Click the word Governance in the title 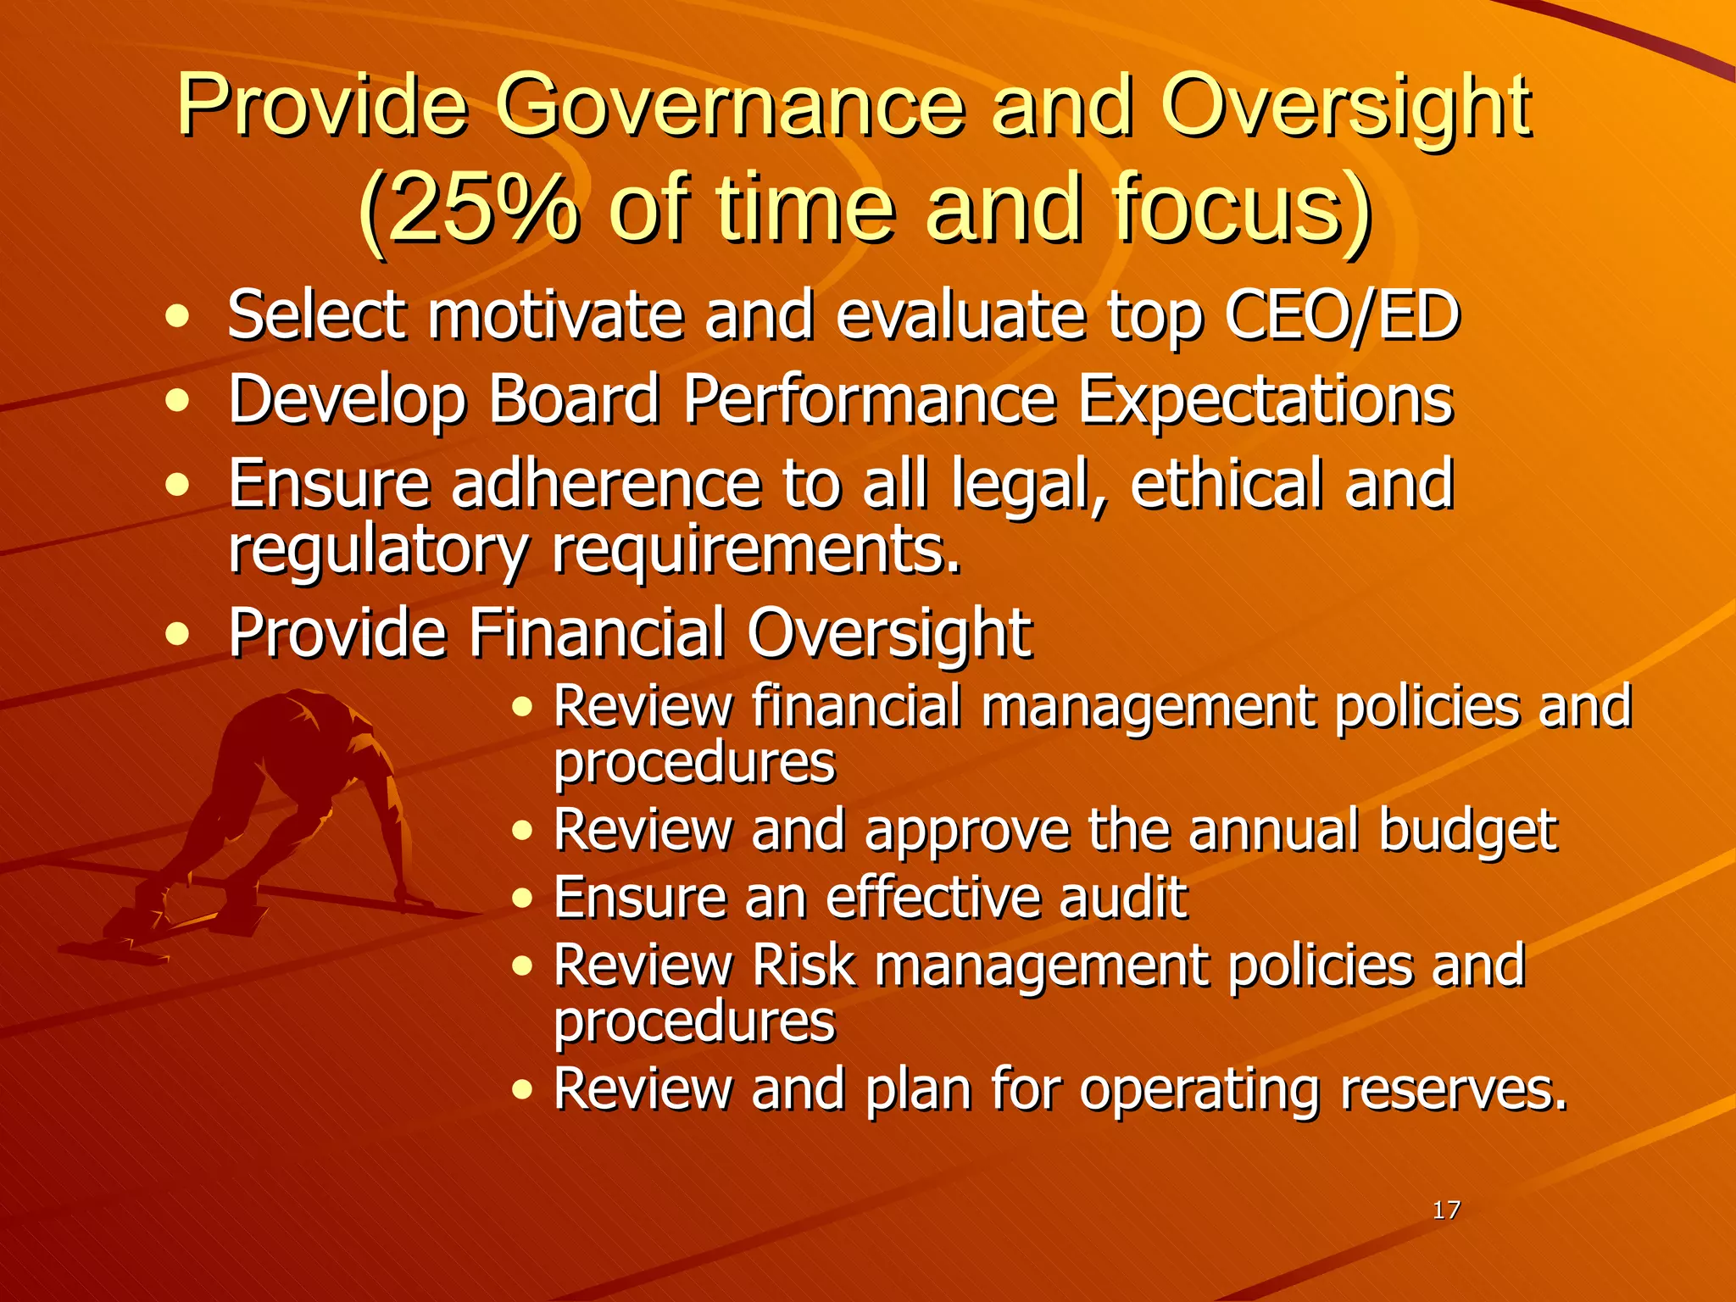730,108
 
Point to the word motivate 554,315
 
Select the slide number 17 1445,1210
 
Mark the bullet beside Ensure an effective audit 522,899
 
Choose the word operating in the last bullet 1199,1090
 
